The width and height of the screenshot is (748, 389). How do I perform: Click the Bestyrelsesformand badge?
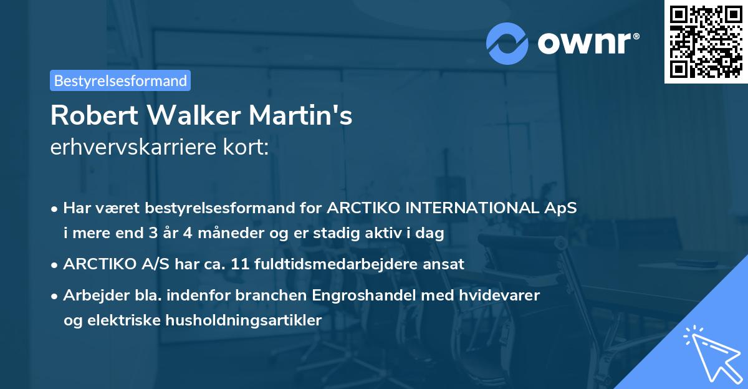point(120,80)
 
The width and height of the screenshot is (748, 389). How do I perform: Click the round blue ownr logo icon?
point(507,42)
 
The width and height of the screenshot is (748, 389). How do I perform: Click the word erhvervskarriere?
point(130,147)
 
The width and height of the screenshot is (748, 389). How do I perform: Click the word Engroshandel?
point(370,295)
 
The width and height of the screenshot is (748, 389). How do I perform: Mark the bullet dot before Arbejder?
point(55,295)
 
